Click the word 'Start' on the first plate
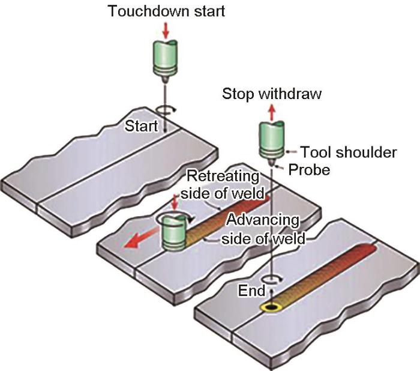coord(141,127)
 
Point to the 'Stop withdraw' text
coord(272,94)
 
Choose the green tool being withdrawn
coord(269,139)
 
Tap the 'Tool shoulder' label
coord(348,152)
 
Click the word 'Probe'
coord(309,170)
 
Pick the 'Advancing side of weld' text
coord(263,229)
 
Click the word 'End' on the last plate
coord(252,291)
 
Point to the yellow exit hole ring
coord(272,308)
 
